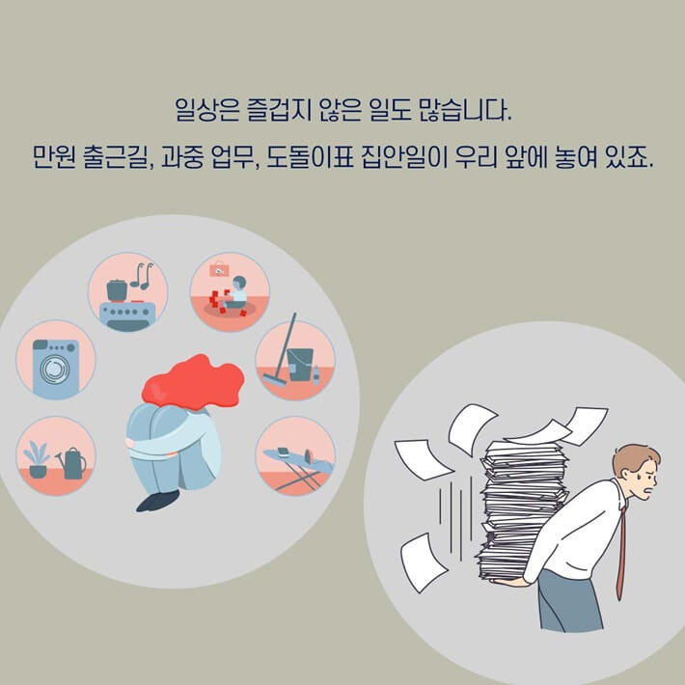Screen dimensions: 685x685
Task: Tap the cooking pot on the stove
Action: (x=118, y=288)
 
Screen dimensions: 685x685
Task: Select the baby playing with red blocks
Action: (x=233, y=292)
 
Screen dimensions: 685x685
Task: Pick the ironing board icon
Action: (x=295, y=461)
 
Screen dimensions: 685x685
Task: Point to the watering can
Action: (x=72, y=464)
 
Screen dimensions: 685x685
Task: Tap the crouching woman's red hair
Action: (x=192, y=382)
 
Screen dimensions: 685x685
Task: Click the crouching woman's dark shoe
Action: (x=157, y=500)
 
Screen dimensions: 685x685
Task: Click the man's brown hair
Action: (x=637, y=458)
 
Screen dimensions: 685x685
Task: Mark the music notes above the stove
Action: (x=142, y=275)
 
